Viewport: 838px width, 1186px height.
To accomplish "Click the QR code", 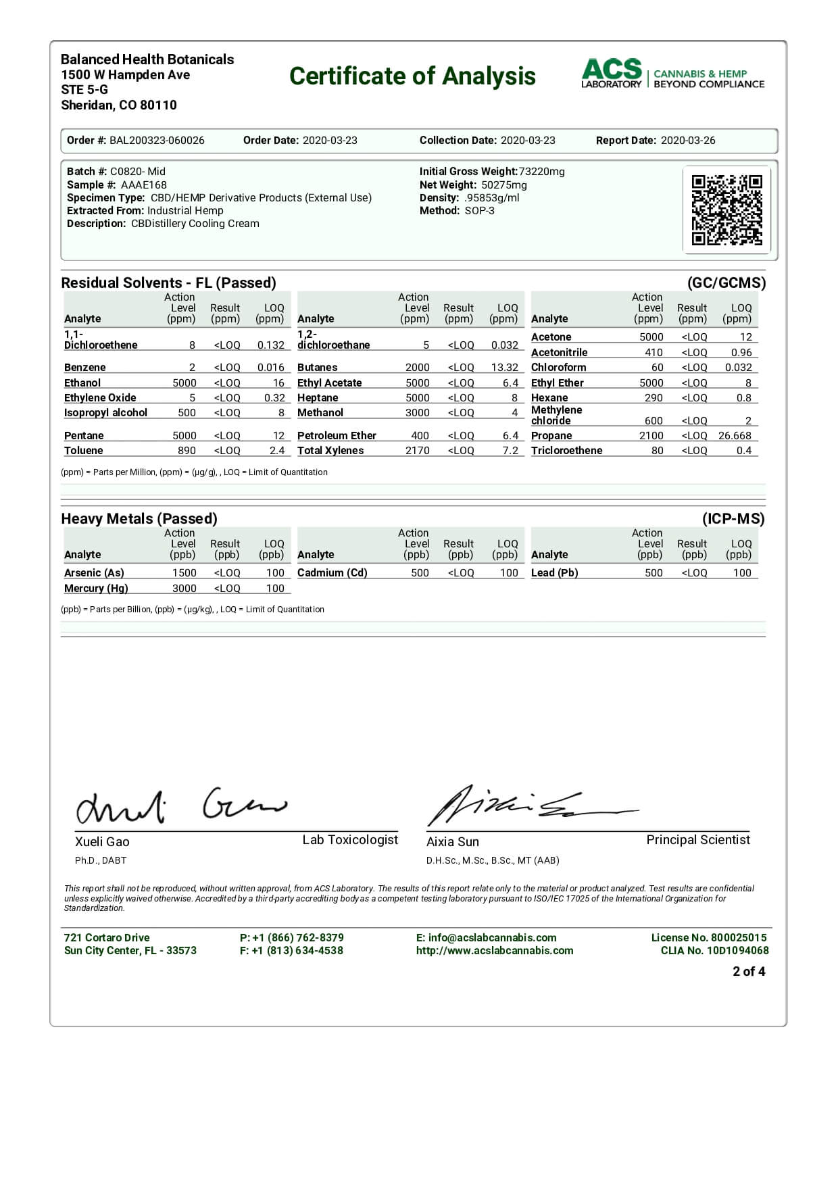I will tap(726, 210).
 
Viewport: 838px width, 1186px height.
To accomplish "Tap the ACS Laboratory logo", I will tap(672, 74).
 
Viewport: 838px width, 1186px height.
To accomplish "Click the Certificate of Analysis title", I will tap(412, 76).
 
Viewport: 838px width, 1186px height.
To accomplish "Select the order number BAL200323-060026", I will tap(157, 141).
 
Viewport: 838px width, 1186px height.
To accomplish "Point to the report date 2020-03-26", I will tap(687, 141).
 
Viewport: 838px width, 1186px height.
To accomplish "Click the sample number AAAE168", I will tap(143, 184).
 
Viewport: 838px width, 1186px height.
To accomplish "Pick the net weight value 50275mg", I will tap(504, 184).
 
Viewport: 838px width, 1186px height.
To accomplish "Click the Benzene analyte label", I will tap(84, 368).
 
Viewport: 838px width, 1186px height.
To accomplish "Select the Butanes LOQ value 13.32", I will tap(505, 368).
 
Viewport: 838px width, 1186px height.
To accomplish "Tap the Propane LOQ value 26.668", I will tap(735, 436).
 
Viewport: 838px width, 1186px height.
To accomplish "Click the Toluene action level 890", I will tap(187, 451).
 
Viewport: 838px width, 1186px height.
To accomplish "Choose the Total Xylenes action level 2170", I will tap(417, 451).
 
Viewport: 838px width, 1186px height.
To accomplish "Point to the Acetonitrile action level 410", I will tap(654, 353).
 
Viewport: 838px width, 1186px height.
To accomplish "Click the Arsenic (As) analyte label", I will tap(94, 573).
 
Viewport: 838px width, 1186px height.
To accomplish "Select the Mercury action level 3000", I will tap(184, 589).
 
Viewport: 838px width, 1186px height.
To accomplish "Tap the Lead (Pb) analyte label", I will tap(554, 573).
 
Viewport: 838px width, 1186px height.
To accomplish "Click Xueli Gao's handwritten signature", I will tap(180, 805).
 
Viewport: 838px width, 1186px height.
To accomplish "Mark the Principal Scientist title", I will tap(698, 840).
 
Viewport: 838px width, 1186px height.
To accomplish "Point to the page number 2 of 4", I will tap(749, 972).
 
